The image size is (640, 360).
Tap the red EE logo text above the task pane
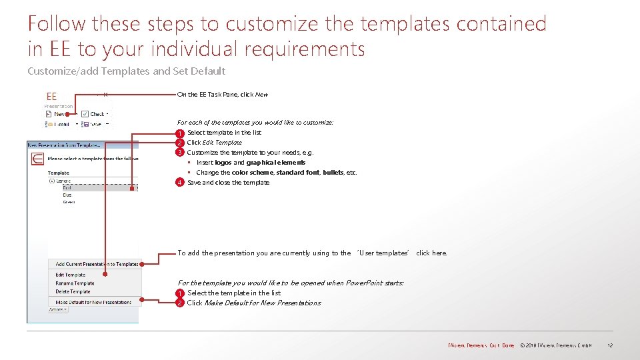(x=51, y=97)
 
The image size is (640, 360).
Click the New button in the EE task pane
(x=59, y=114)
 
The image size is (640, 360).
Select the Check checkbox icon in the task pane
(x=85, y=114)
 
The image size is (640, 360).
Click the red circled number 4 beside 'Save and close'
(x=179, y=183)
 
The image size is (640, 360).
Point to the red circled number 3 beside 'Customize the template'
(x=179, y=153)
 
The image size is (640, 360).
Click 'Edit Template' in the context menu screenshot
(x=71, y=275)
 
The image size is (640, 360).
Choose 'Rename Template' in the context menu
(x=75, y=283)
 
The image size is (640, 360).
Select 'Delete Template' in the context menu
(x=73, y=291)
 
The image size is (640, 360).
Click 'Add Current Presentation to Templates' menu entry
(x=97, y=265)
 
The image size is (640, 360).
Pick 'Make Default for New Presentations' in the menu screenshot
(x=93, y=302)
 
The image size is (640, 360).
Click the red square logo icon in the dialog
(x=38, y=158)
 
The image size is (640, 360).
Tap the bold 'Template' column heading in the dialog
(x=58, y=173)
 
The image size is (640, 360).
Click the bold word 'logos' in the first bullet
(x=223, y=163)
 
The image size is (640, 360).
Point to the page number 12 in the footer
(x=610, y=345)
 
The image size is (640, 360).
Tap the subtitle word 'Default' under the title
(x=208, y=71)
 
